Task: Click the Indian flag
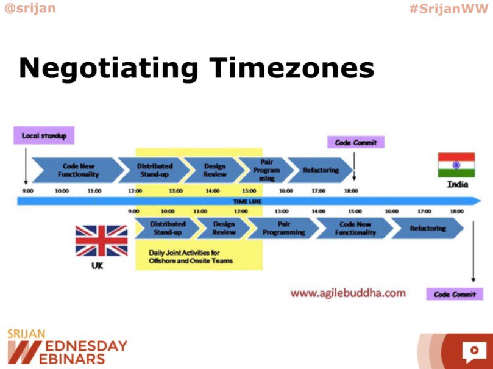[456, 165]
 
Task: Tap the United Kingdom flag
[101, 241]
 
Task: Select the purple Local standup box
[44, 135]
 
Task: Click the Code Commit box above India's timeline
[356, 143]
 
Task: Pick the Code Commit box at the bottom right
[455, 294]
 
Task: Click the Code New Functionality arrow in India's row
[77, 170]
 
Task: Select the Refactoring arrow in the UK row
[427, 229]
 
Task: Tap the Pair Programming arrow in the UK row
[284, 229]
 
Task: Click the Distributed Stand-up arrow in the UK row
[168, 229]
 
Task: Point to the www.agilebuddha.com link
[348, 293]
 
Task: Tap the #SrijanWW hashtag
[449, 9]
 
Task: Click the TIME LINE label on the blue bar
[246, 201]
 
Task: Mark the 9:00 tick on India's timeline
[27, 191]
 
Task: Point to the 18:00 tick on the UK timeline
[456, 212]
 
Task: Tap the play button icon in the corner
[472, 351]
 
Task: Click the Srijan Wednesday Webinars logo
[67, 346]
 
